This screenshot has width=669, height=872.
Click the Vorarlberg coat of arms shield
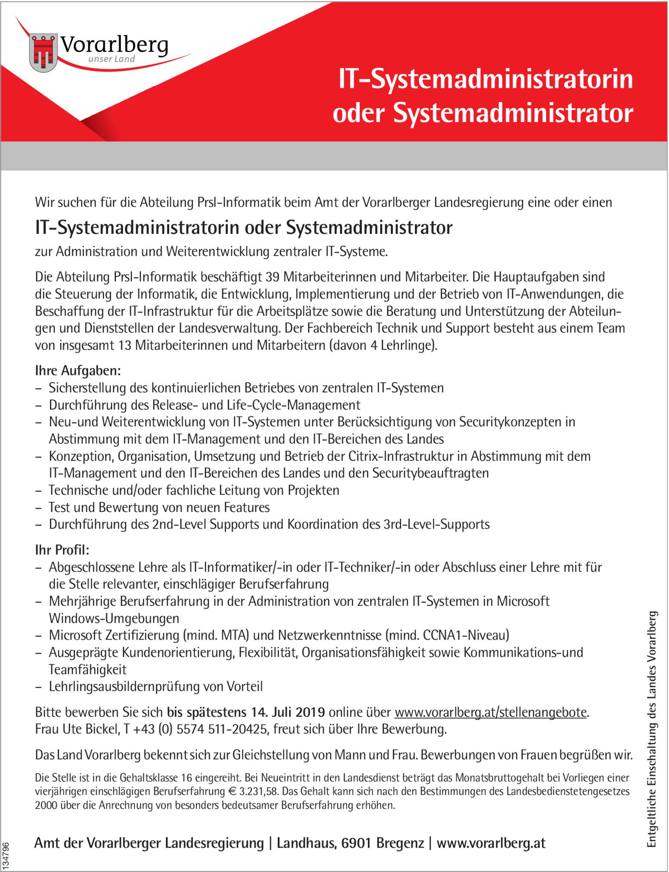pyautogui.click(x=44, y=53)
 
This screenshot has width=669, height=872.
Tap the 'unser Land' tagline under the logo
pyautogui.click(x=111, y=59)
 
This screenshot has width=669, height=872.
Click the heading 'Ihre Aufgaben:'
pyautogui.click(x=78, y=370)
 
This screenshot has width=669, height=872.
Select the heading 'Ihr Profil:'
pyautogui.click(x=62, y=549)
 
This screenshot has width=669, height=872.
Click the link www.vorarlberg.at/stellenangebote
pyautogui.click(x=491, y=712)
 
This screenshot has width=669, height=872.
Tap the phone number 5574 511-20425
pyautogui.click(x=221, y=729)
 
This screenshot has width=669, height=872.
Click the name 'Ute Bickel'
pyautogui.click(x=90, y=729)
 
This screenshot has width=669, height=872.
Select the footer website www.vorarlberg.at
pyautogui.click(x=491, y=843)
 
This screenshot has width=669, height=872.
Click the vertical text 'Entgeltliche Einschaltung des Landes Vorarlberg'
pyautogui.click(x=652, y=730)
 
